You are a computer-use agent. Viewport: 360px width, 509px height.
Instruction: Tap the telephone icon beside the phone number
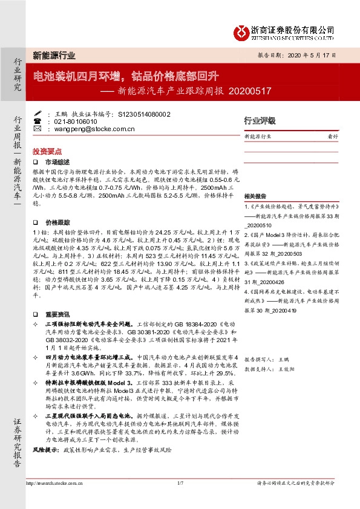(x=38, y=121)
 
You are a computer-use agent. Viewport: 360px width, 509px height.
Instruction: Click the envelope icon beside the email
(x=38, y=129)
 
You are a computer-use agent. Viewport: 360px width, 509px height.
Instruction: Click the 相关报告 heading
(x=255, y=198)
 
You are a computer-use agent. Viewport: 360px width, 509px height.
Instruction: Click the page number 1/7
(x=180, y=483)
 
